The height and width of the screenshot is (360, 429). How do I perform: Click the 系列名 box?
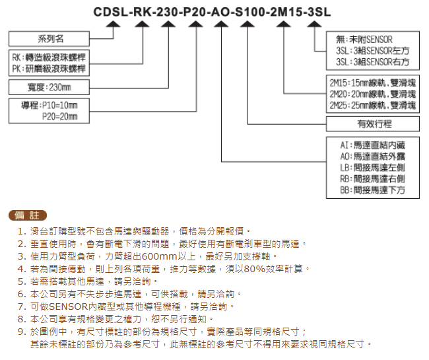(49, 38)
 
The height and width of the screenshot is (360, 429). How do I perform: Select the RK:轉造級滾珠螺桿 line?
(49, 57)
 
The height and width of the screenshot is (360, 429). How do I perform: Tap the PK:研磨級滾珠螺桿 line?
(49, 69)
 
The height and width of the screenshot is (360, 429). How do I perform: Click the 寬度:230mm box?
(49, 87)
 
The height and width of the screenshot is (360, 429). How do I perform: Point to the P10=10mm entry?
(60, 105)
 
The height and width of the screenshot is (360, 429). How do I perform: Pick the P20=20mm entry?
(60, 117)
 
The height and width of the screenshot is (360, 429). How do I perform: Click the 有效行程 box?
(373, 124)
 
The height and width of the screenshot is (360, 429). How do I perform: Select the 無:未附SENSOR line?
(364, 40)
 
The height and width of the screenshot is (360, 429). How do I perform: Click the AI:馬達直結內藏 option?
(373, 145)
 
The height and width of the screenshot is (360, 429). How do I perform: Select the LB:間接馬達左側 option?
(373, 168)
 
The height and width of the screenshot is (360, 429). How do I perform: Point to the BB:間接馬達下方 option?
(373, 190)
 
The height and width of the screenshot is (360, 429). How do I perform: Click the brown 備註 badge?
(28, 215)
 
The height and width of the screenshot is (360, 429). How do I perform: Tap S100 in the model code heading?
(249, 12)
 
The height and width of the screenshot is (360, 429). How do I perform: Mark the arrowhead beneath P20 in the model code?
(196, 24)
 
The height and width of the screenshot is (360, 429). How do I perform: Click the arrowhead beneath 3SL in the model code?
(314, 24)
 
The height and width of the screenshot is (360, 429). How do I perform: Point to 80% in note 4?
(255, 269)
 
